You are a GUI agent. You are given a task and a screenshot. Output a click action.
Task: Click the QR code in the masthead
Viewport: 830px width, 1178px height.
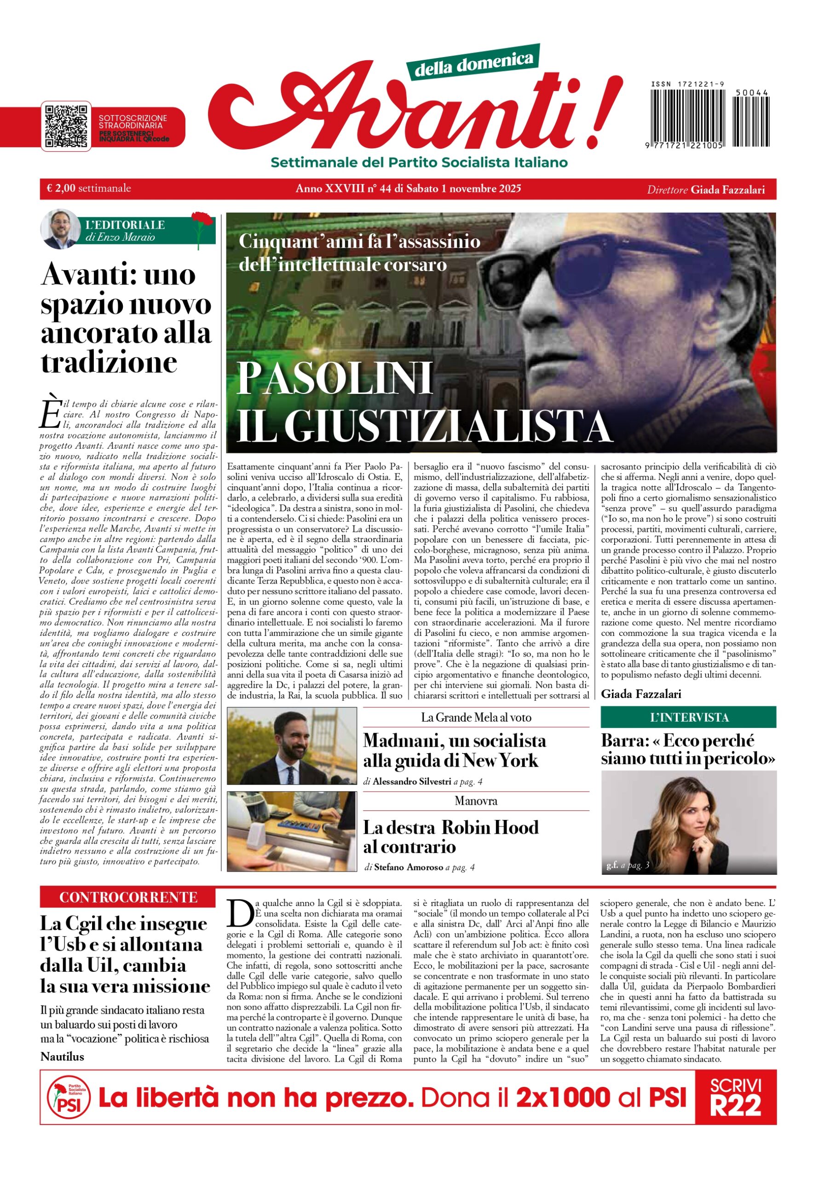pyautogui.click(x=66, y=126)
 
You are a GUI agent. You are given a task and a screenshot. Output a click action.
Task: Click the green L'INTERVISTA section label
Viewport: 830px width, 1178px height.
pyautogui.click(x=688, y=717)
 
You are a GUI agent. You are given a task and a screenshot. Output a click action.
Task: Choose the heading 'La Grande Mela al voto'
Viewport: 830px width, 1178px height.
pyautogui.click(x=476, y=717)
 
